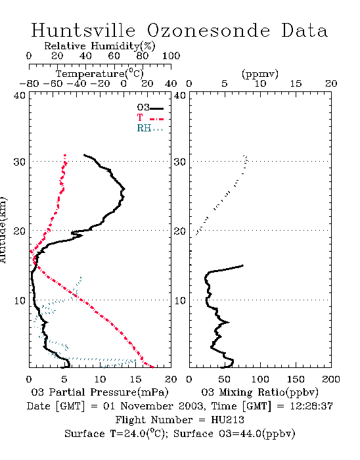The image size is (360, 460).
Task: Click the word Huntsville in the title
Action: [83, 30]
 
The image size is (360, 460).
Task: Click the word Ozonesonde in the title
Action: [208, 30]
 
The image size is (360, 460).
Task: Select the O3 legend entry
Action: [150, 108]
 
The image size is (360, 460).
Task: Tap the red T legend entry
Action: [150, 118]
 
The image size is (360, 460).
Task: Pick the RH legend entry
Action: [150, 128]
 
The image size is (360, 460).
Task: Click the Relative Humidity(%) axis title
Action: [100, 46]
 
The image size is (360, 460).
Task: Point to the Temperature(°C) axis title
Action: [100, 74]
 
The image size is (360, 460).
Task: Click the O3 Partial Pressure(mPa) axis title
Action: [100, 392]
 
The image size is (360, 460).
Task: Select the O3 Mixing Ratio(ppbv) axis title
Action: [259, 392]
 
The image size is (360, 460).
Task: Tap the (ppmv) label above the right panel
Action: [260, 74]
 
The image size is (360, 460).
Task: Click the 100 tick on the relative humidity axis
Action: [171, 56]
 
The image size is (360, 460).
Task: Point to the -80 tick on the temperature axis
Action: [29, 83]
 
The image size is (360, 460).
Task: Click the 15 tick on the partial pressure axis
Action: [135, 379]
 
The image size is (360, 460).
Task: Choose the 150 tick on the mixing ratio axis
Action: [296, 379]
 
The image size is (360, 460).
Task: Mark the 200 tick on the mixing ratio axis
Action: [331, 379]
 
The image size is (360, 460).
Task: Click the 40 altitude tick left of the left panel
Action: [20, 95]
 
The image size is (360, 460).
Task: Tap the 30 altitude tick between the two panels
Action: [180, 162]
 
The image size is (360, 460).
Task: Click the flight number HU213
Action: [227, 420]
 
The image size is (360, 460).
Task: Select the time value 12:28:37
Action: [311, 406]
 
